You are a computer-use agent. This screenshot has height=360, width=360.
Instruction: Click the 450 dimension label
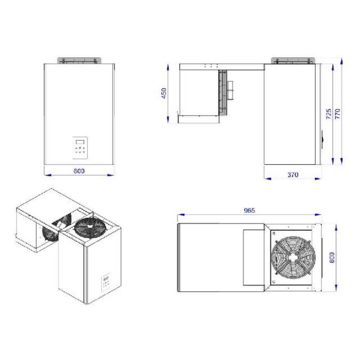tap(164, 93)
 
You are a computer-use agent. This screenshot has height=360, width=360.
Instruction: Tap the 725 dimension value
tap(329, 114)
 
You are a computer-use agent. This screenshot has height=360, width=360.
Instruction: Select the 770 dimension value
tap(338, 114)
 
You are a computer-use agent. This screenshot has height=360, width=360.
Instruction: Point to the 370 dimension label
tap(293, 175)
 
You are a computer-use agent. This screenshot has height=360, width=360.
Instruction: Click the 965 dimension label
tap(249, 210)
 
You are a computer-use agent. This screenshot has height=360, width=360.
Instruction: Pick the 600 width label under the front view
tap(79, 171)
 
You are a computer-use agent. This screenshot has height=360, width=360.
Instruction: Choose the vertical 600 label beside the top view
tap(332, 257)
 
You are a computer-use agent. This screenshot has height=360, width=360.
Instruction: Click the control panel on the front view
tap(80, 148)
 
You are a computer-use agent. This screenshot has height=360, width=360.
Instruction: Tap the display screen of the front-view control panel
tap(80, 142)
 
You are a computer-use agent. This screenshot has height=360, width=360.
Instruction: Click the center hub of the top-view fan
tap(293, 258)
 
